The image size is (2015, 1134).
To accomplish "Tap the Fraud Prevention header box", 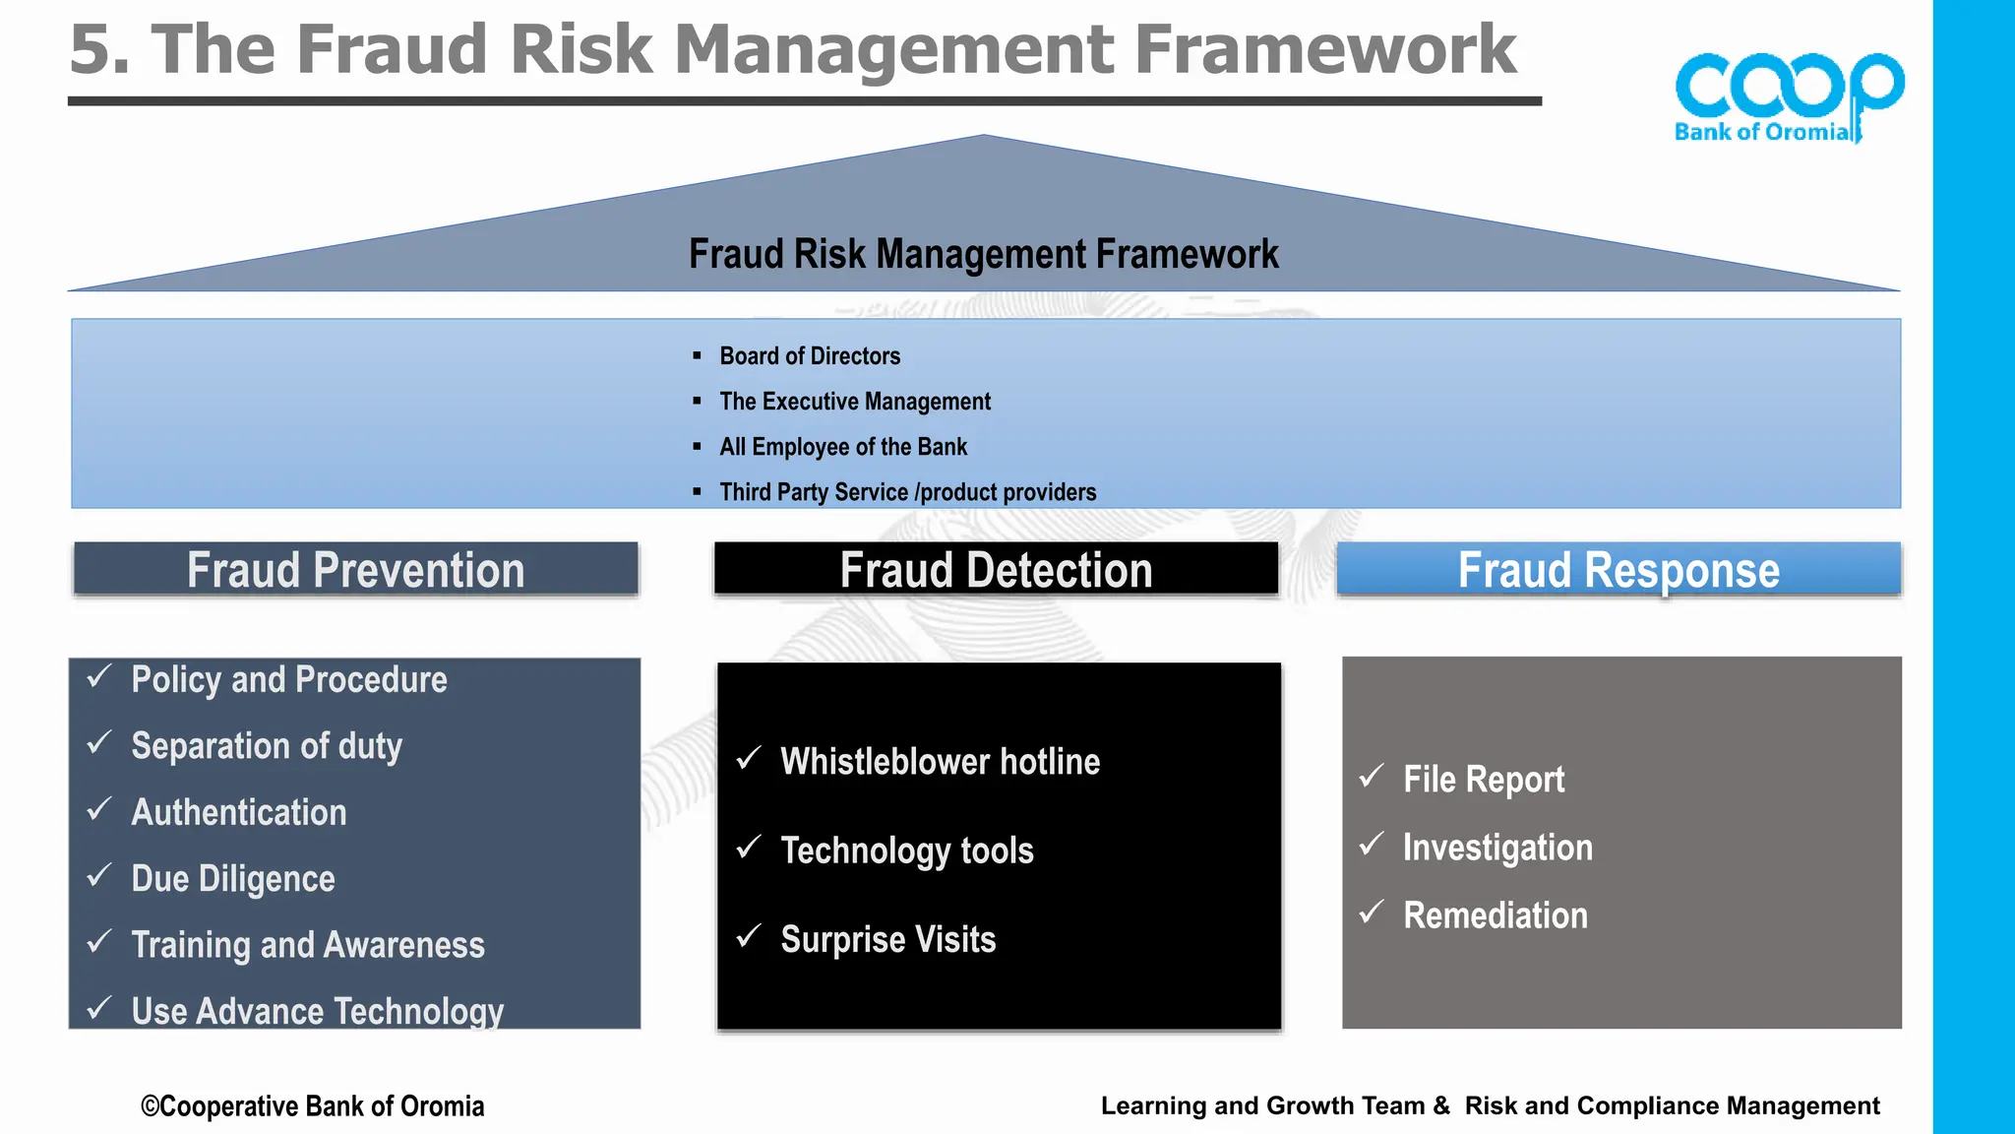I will tap(356, 570).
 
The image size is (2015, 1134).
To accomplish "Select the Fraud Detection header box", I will tap(996, 570).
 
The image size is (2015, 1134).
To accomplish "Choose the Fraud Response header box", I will tap(1618, 570).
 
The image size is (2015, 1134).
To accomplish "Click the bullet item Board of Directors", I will tap(809, 356).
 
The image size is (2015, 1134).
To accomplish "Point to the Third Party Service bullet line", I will tap(907, 492).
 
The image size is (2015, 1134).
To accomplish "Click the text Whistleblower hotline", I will tap(940, 762).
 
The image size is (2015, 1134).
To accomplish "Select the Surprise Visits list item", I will tap(887, 940).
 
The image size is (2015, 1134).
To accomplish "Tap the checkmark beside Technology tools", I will tap(749, 848).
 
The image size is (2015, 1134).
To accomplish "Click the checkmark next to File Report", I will tap(1372, 777).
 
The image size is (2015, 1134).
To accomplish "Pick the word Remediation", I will tap(1495, 915).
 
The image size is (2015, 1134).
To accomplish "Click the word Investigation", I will tap(1496, 848).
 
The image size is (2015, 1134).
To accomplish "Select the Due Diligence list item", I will tap(233, 879).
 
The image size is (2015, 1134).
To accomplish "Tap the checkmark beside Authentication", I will tap(99, 809).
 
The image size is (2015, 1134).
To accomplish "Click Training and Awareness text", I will tap(308, 945).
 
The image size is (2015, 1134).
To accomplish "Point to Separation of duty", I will tap(267, 746).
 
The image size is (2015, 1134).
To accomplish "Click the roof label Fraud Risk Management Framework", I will tap(983, 254).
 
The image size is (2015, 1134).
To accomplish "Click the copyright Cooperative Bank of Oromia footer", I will tap(313, 1106).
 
